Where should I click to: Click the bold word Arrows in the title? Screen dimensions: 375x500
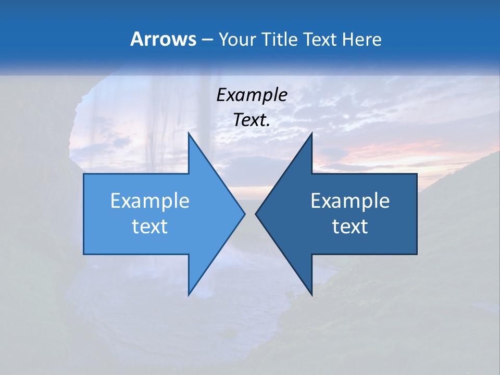162,39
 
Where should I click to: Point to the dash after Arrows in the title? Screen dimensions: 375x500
207,40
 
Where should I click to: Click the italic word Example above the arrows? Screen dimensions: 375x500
252,95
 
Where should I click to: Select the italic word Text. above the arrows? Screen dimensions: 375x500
252,120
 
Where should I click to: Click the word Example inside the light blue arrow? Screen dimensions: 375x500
149,201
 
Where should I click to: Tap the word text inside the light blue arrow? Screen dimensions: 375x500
149,226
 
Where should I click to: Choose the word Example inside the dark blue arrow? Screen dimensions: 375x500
350,201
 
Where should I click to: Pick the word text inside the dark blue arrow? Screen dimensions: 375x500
350,226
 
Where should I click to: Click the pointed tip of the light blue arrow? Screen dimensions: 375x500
244,214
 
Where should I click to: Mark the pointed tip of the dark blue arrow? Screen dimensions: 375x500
256,214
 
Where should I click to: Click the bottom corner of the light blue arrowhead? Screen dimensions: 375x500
189,295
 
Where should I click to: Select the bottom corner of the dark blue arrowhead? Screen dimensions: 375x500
311,295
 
